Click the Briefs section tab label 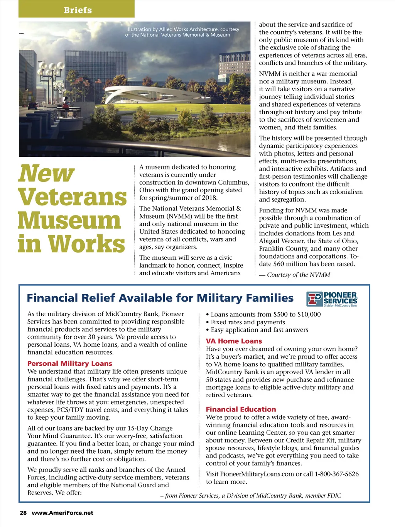[x=78, y=10]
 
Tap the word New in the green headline [x=46, y=174]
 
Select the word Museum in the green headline [x=69, y=220]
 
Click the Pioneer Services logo [x=332, y=299]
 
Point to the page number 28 [x=23, y=513]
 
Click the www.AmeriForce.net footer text [x=62, y=513]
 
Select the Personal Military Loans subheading [x=70, y=363]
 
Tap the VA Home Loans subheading [x=234, y=341]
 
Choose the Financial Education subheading [x=241, y=409]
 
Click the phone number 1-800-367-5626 [x=337, y=474]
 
